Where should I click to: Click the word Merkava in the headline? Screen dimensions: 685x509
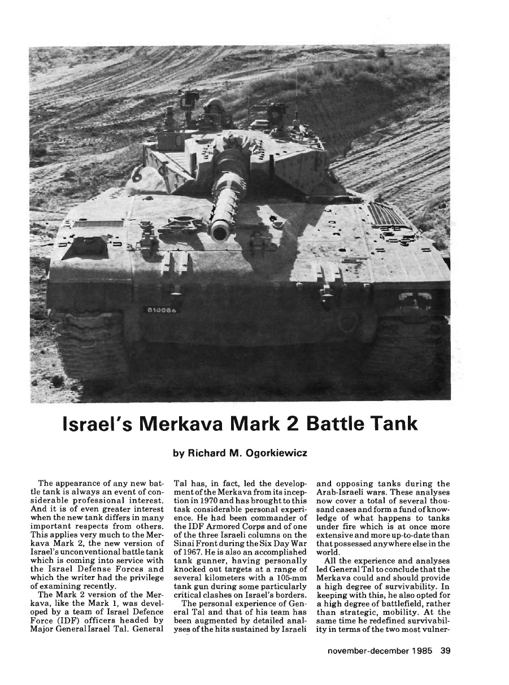(188, 425)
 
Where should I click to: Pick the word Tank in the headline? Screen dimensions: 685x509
(391, 425)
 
